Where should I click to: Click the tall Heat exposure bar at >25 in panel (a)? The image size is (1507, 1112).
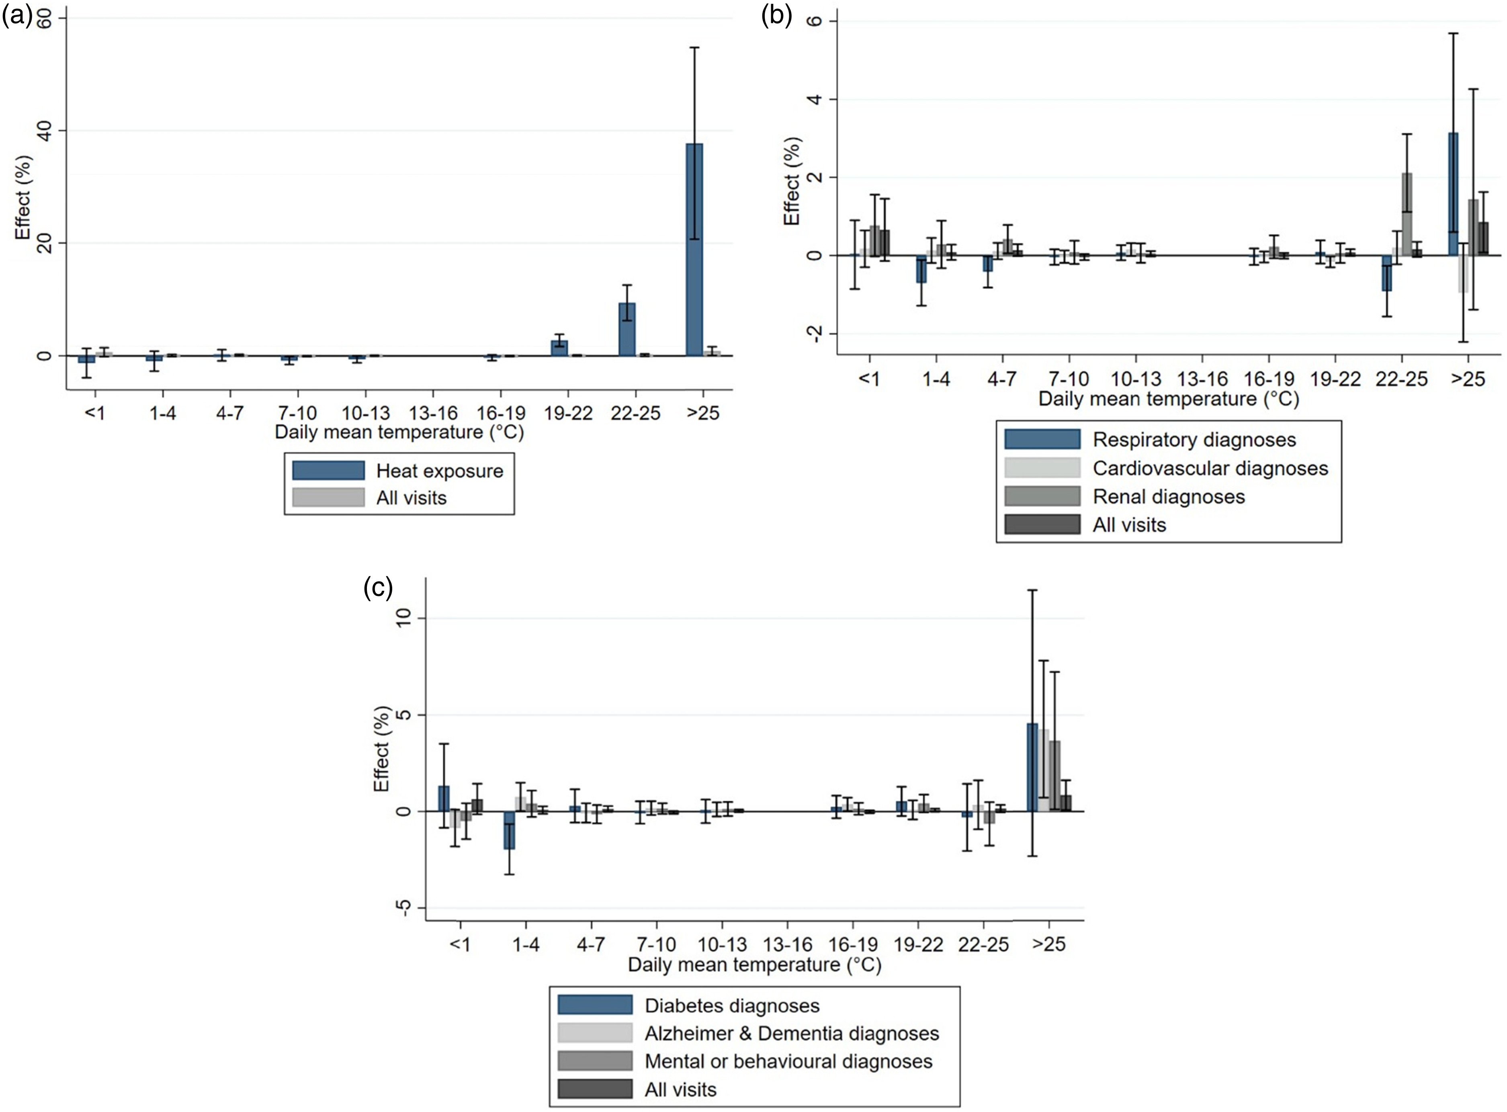(x=694, y=249)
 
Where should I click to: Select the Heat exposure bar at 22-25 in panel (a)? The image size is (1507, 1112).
(x=627, y=329)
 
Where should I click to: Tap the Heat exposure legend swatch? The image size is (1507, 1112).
(x=328, y=471)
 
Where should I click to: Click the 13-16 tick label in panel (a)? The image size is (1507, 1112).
(x=433, y=413)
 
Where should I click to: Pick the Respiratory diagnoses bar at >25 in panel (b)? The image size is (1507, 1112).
(x=1453, y=194)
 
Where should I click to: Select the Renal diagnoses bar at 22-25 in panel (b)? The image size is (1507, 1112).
(x=1407, y=214)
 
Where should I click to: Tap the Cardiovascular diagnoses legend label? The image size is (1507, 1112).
(x=1210, y=469)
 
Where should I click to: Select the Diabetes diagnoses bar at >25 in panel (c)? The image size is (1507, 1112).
(x=1032, y=767)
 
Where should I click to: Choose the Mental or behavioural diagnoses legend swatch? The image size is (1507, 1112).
(x=595, y=1061)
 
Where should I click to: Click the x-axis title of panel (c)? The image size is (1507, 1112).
(x=754, y=965)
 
